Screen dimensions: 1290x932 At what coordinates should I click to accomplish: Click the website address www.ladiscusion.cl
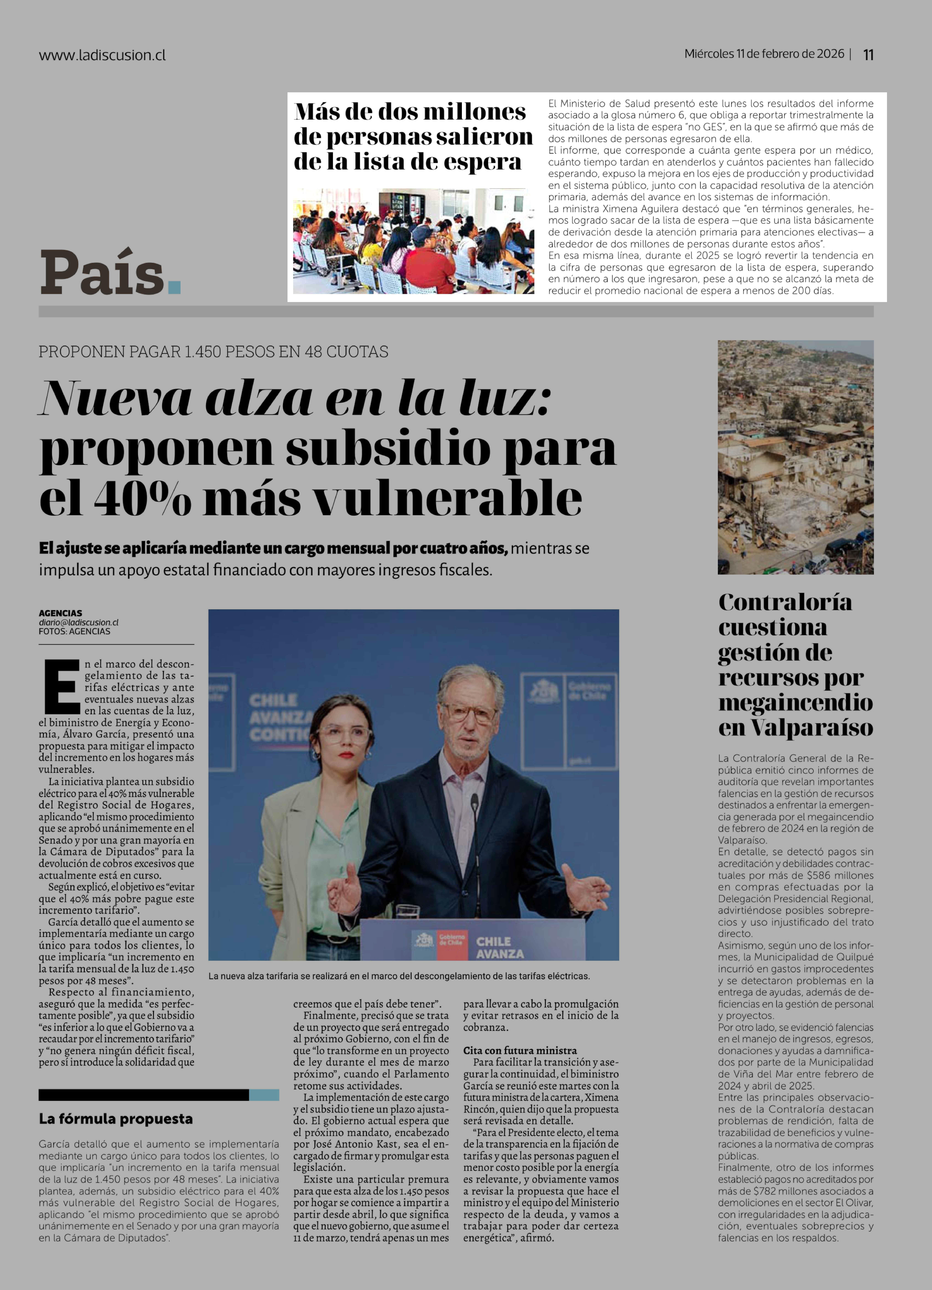tap(102, 55)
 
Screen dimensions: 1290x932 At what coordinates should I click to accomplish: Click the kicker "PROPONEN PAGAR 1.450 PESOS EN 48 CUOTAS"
tap(213, 352)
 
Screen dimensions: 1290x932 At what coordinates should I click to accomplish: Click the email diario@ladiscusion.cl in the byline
tap(79, 622)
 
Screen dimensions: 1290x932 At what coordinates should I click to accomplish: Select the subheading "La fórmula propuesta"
tap(115, 1119)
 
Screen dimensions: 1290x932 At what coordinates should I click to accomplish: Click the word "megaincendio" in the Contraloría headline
tap(795, 702)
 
